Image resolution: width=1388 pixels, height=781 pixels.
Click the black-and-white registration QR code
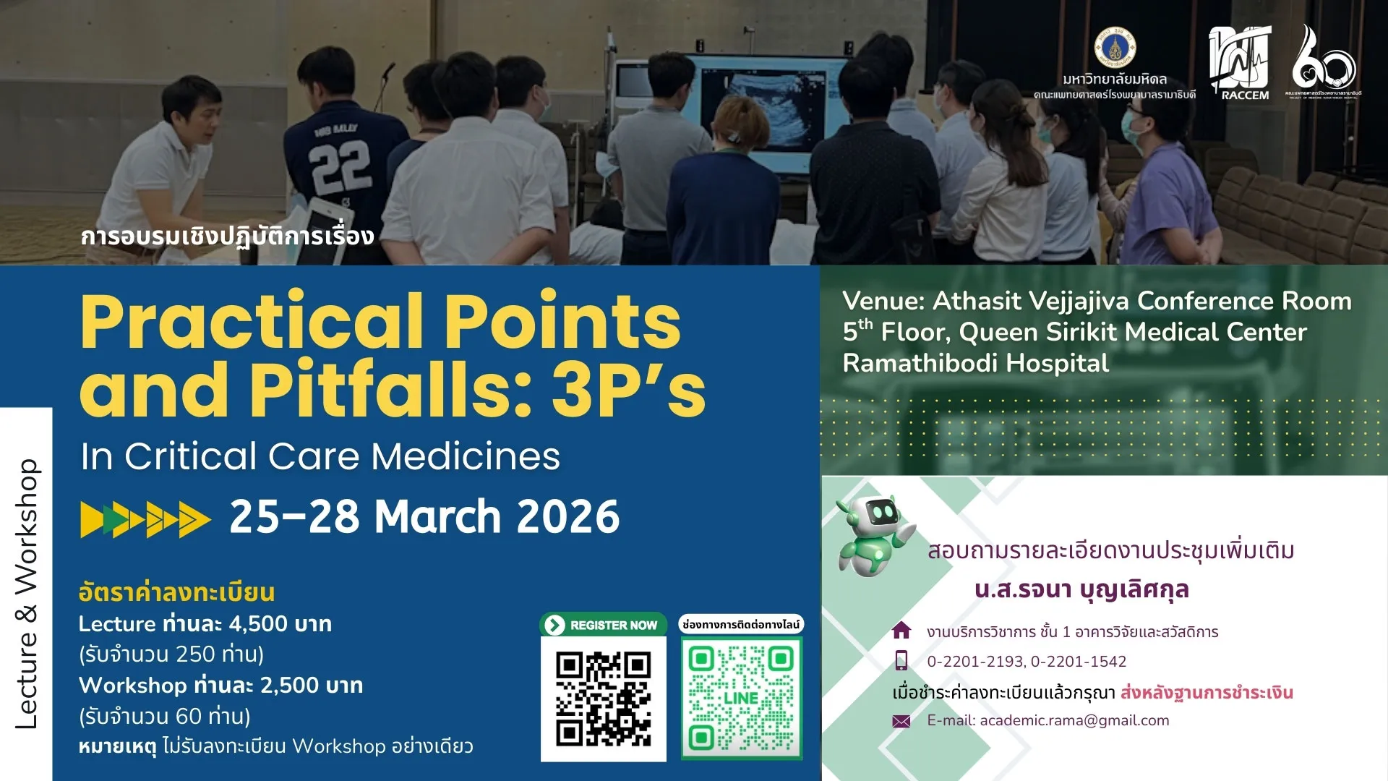click(603, 699)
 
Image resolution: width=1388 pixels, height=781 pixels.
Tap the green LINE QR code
click(741, 699)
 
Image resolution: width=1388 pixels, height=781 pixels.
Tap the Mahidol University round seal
click(1114, 48)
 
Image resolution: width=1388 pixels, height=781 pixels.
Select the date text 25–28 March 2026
click(424, 517)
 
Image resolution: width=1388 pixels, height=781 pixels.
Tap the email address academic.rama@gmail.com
click(1074, 720)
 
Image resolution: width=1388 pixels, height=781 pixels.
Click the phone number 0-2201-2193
click(974, 661)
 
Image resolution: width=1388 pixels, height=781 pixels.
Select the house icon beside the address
click(901, 631)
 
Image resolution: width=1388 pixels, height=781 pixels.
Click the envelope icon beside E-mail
click(901, 721)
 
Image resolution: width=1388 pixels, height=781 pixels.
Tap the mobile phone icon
click(901, 661)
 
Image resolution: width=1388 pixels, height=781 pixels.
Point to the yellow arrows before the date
click(145, 518)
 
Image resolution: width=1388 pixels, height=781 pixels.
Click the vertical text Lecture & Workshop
click(27, 593)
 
